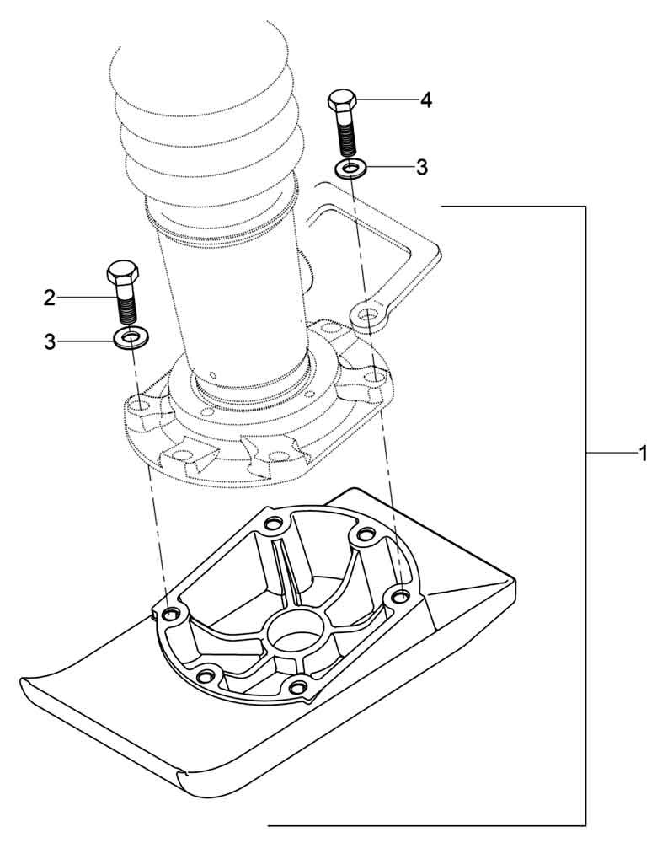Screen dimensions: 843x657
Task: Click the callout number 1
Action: (x=642, y=454)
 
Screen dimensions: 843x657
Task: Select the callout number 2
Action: (x=50, y=297)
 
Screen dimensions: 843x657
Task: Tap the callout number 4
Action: (x=426, y=100)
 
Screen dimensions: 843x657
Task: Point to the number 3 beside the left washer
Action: (x=50, y=341)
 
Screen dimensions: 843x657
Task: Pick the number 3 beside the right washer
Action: (x=422, y=168)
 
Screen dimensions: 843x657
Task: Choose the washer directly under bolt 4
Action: (x=349, y=169)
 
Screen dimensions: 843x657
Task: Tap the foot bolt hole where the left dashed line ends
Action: (x=172, y=614)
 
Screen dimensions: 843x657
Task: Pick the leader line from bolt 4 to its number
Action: (x=387, y=100)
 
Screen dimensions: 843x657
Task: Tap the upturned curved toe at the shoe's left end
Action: (x=51, y=683)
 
